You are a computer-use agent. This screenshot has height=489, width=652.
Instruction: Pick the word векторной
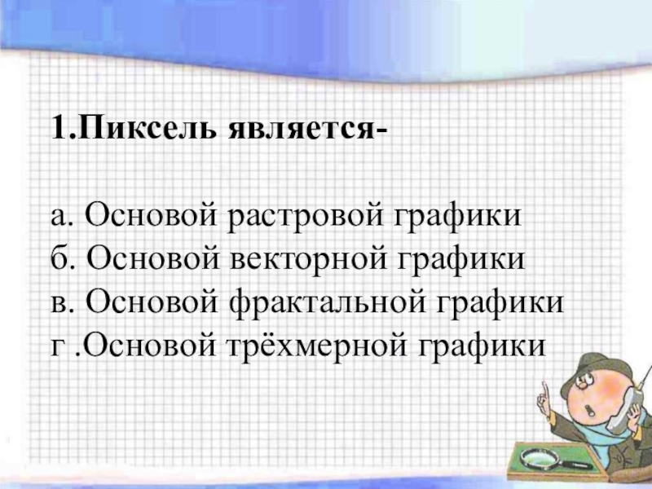pyautogui.click(x=309, y=258)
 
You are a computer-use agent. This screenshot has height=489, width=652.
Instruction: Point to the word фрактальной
pyautogui.click(x=328, y=302)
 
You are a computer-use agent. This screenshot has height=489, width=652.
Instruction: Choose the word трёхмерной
pyautogui.click(x=317, y=344)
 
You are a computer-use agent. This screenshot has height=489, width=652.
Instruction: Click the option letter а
pyautogui.click(x=58, y=218)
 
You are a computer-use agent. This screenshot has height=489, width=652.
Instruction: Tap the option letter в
pyautogui.click(x=58, y=304)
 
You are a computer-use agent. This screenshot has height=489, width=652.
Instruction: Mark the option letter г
pyautogui.click(x=56, y=348)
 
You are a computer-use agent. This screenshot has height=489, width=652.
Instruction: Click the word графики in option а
pyautogui.click(x=457, y=218)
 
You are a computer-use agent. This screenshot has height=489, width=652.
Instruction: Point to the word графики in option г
pyautogui.click(x=482, y=347)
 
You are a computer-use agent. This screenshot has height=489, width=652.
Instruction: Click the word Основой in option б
pyautogui.click(x=153, y=258)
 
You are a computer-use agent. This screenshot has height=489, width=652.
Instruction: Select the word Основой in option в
pyautogui.click(x=152, y=301)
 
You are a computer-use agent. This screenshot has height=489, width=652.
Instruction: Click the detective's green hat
pyautogui.click(x=594, y=371)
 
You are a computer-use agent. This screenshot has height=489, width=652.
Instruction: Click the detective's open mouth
pyautogui.click(x=589, y=412)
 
